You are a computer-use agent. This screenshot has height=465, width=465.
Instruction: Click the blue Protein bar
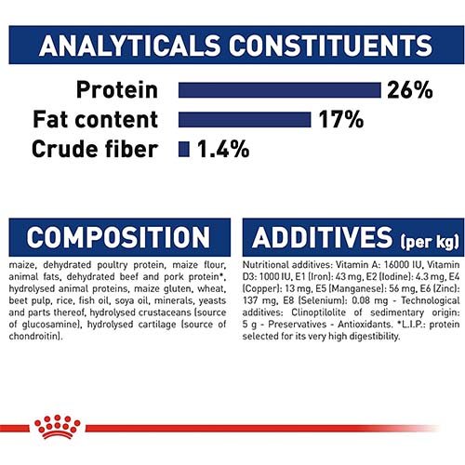click(279, 90)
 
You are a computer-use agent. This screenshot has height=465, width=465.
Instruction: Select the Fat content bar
click(245, 120)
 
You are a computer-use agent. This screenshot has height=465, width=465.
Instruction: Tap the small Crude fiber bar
click(184, 149)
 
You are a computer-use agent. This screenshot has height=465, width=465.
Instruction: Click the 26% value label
click(410, 90)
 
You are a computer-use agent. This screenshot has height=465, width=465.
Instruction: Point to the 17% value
click(341, 120)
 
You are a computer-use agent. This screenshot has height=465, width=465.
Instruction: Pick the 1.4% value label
click(223, 149)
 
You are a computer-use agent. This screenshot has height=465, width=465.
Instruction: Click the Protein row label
click(117, 90)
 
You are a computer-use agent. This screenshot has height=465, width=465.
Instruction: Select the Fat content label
click(95, 119)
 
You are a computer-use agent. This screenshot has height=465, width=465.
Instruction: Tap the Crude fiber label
click(95, 149)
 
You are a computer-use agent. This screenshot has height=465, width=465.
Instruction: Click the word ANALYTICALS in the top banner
click(129, 46)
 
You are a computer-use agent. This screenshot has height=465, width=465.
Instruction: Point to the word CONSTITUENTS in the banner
click(330, 46)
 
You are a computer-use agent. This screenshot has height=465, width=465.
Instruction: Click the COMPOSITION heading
click(118, 237)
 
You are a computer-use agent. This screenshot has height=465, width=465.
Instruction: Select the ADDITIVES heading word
click(323, 237)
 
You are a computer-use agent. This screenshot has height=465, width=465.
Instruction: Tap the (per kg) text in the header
click(430, 241)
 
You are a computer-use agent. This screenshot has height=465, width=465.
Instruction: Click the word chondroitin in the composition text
click(34, 336)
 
